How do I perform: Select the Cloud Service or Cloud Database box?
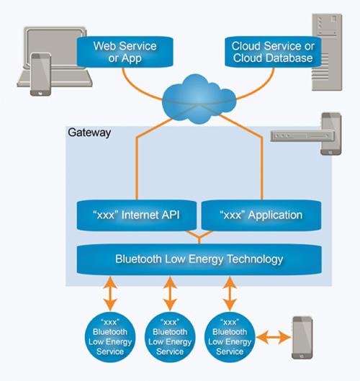[x=272, y=51]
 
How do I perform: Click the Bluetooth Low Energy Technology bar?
[x=199, y=259]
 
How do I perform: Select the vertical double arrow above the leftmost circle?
[x=109, y=294]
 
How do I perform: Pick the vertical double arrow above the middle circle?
[x=170, y=294]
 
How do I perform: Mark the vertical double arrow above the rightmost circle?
[x=230, y=294]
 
